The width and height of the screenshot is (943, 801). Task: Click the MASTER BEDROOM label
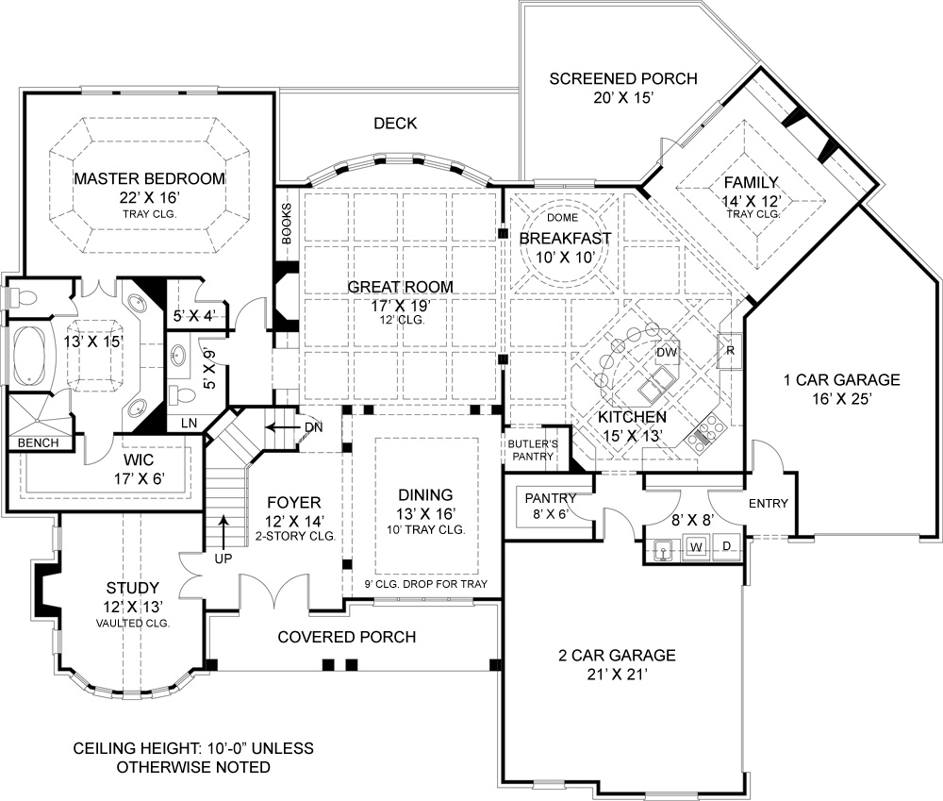pos(150,178)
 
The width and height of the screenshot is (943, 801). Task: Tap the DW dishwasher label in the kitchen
pos(667,353)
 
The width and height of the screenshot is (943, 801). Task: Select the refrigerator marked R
pos(730,350)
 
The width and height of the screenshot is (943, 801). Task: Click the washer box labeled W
pos(697,547)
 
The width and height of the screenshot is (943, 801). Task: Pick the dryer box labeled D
pos(726,546)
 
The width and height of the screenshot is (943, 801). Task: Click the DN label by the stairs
pos(313,427)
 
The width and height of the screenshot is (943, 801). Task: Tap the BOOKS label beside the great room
pos(287,224)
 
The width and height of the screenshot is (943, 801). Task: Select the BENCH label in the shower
pos(38,442)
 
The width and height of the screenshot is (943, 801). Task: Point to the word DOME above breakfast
pos(562,217)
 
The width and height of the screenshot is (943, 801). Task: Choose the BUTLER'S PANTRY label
pos(533,450)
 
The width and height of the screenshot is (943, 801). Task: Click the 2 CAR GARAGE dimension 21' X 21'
pos(617,675)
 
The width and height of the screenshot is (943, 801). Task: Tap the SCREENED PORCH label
pos(623,78)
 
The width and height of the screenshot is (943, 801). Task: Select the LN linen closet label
pos(189,423)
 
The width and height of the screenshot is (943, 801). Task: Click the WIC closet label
pos(139,460)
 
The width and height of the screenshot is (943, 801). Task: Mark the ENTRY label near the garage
pos(768,503)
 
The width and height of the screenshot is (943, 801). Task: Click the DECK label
pos(395,124)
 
